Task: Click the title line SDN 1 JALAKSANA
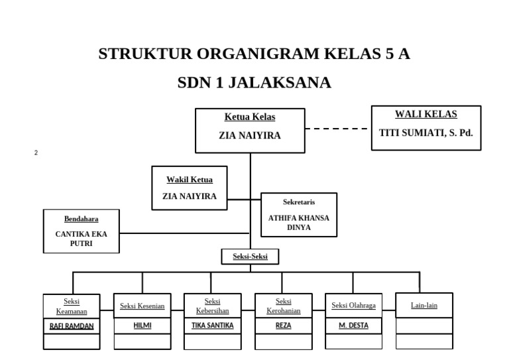[x=254, y=83]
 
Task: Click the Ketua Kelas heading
[x=250, y=117]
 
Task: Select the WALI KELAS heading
[x=425, y=114]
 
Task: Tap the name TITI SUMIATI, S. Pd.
[x=425, y=133]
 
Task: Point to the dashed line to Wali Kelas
[x=337, y=129]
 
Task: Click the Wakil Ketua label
[x=189, y=180]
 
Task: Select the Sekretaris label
[x=299, y=202]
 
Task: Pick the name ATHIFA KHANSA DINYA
[x=298, y=222]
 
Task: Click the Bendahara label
[x=81, y=219]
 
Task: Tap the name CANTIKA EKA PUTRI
[x=81, y=239]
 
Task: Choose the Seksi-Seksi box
[x=250, y=257]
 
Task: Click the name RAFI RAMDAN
[x=72, y=326]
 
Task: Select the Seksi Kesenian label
[x=142, y=306]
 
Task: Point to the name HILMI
[x=142, y=326]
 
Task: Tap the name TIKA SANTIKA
[x=213, y=326]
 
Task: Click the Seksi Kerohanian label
[x=284, y=306]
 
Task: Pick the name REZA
[x=284, y=326]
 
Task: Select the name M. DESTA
[x=354, y=326]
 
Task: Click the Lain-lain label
[x=424, y=306]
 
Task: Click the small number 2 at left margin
[x=36, y=153]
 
